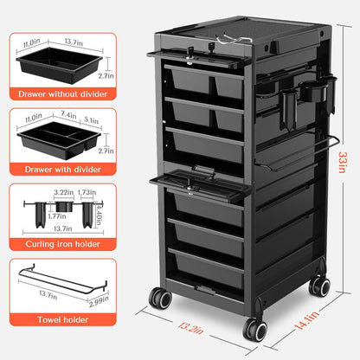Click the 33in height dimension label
coord(342,162)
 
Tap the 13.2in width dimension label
coord(191,328)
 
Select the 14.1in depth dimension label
coord(307,320)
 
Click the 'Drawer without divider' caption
coord(63,94)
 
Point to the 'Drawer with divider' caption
coord(63,170)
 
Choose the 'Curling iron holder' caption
coord(63,244)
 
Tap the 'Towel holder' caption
coord(63,319)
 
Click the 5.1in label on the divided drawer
coord(92,119)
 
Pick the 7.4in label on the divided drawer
coord(68,114)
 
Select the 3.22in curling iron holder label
coord(64,192)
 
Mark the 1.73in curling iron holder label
coord(87,192)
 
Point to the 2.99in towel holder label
coord(99,301)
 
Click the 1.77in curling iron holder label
coord(57,216)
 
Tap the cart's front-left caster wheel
coord(160,298)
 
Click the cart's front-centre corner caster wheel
coord(255,330)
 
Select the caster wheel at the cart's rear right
coord(319,286)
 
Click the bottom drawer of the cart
coord(206,268)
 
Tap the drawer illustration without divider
coord(60,65)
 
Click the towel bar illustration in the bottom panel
coord(63,281)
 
